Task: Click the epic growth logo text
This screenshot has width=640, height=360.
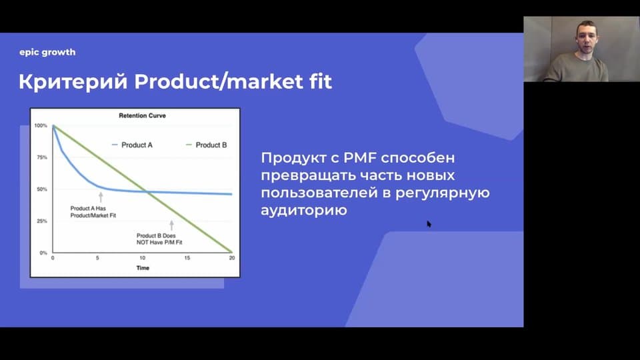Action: (47, 52)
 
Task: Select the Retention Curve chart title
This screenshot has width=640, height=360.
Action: (142, 115)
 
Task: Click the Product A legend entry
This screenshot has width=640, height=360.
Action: (132, 145)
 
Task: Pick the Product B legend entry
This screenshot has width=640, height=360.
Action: (206, 145)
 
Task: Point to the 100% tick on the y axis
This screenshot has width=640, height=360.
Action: (41, 125)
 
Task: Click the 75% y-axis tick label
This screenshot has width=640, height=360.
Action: (42, 157)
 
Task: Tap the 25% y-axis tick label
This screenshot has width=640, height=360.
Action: (42, 221)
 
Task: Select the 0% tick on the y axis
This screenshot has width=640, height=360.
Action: (43, 253)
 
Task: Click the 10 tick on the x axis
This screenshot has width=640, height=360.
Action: (142, 258)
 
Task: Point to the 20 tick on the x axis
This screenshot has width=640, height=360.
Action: (232, 258)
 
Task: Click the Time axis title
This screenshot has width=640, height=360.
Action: (143, 268)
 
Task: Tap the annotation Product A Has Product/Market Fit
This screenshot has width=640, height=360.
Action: (93, 212)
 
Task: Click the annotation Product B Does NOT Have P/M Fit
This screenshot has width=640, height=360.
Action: (159, 239)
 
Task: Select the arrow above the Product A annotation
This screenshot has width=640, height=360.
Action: (101, 197)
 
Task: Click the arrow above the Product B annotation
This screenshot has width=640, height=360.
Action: (171, 225)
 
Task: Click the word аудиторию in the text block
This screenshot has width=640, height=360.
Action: (304, 210)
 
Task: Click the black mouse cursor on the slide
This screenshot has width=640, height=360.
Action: (429, 224)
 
